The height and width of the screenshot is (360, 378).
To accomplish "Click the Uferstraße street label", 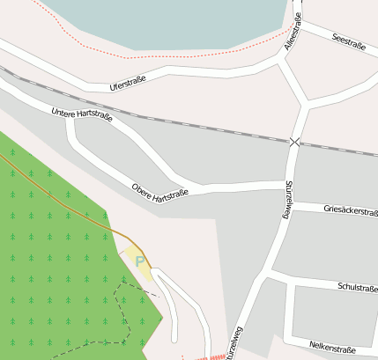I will [128, 83].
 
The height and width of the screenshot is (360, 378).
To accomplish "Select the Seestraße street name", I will [345, 41].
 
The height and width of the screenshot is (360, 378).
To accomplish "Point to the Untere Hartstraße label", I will [82, 114].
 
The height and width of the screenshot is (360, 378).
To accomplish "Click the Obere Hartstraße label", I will [160, 193].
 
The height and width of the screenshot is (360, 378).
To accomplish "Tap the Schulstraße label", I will [357, 287].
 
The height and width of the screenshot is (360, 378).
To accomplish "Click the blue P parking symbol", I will [139, 261].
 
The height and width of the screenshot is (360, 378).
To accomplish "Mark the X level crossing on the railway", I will [294, 141].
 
